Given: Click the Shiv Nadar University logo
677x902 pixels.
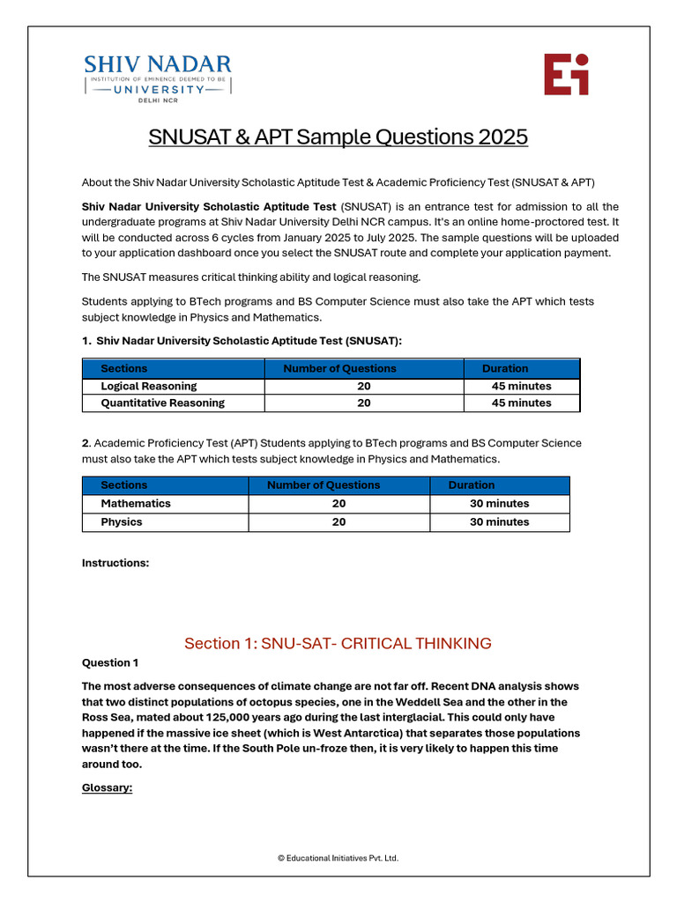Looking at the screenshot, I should click(x=157, y=78).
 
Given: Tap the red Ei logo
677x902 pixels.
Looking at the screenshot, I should click(x=566, y=74).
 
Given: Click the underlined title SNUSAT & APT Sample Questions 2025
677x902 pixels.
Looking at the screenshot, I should click(x=338, y=137).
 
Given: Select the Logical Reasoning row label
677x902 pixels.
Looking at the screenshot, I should click(x=149, y=386).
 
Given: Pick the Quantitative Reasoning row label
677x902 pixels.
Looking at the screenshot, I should click(x=162, y=403).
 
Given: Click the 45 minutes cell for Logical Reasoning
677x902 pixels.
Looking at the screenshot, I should click(x=521, y=386).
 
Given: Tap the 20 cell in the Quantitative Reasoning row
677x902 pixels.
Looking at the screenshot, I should click(x=363, y=403).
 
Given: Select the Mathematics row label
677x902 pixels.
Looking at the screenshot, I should click(x=136, y=504).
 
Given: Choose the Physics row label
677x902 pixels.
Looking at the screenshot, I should click(x=122, y=522).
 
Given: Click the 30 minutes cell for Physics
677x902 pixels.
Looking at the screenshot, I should click(x=499, y=522).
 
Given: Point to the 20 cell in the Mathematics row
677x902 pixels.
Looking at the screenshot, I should click(x=338, y=504).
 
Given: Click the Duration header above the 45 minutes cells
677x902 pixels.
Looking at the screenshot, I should click(x=505, y=368).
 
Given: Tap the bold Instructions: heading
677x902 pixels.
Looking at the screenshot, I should click(x=115, y=563).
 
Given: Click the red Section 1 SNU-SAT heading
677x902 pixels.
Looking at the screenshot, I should click(x=338, y=643).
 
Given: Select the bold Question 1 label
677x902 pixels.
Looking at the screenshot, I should click(x=110, y=662).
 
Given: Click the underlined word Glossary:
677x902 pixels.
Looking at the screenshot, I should click(x=107, y=787).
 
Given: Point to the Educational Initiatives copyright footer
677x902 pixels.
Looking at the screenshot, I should click(x=338, y=857).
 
